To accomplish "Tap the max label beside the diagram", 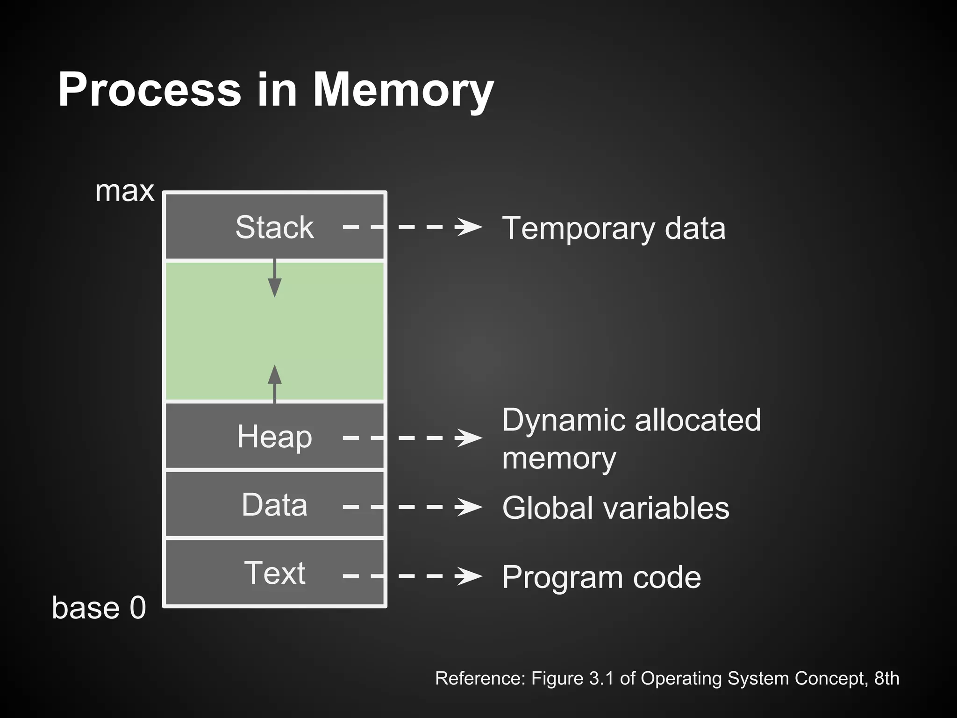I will [x=124, y=192].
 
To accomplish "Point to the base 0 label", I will [x=99, y=608].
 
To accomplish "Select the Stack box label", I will [x=275, y=228].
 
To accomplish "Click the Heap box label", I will [x=275, y=437].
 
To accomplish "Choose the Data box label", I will [x=275, y=505].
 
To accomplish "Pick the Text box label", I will [x=275, y=573].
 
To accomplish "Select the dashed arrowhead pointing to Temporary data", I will [x=469, y=228].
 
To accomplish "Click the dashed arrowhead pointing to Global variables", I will [x=469, y=507].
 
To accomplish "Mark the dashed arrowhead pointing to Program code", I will [x=469, y=576].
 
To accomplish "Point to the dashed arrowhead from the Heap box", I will [x=469, y=438].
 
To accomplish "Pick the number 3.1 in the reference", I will [x=601, y=678].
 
